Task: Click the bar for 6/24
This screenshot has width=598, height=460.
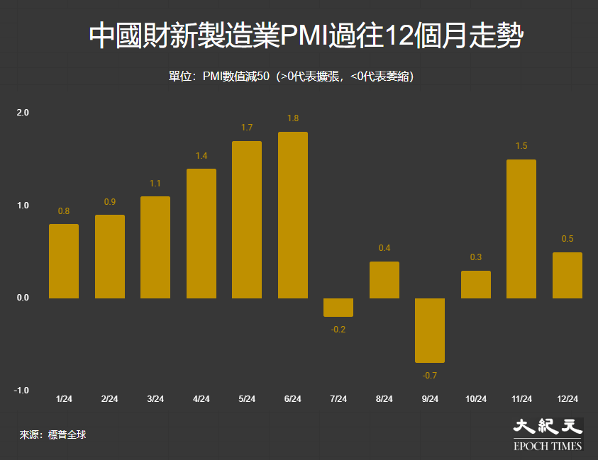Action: [x=293, y=215]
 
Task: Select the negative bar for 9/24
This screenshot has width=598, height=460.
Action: [x=430, y=330]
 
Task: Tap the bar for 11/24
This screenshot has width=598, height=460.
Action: [x=521, y=229]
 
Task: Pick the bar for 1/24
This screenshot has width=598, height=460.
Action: [x=64, y=261]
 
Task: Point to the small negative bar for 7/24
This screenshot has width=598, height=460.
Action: [x=338, y=307]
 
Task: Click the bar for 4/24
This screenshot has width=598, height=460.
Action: [x=201, y=233]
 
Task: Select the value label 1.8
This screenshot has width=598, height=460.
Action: [x=293, y=118]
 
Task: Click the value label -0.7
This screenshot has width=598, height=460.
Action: [x=430, y=375]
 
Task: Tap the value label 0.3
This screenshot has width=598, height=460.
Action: [x=476, y=257]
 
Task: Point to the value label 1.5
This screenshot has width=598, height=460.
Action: [x=521, y=146]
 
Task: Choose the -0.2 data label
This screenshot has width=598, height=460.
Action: [x=338, y=330]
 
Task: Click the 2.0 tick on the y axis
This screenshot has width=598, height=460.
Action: [x=23, y=113]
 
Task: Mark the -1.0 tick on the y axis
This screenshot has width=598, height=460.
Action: [x=22, y=391]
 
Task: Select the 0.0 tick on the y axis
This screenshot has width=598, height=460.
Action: [x=23, y=298]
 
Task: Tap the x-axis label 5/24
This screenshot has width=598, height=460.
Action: [x=247, y=399]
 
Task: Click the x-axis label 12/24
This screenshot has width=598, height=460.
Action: [x=567, y=399]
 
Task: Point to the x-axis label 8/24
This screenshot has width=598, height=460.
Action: [x=384, y=399]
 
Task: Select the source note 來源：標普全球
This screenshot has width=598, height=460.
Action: [x=52, y=434]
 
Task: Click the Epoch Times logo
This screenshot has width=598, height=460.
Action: [x=548, y=434]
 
